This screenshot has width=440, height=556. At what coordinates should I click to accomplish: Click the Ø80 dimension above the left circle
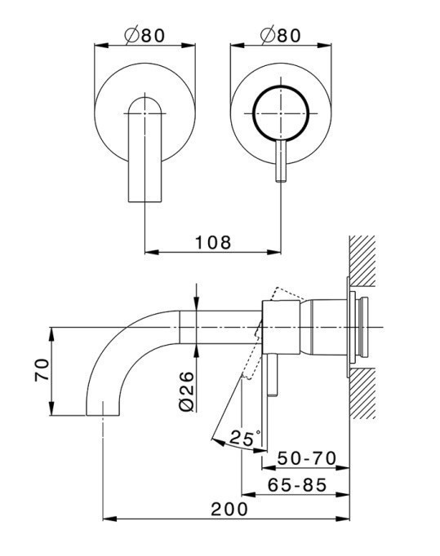(x=144, y=35)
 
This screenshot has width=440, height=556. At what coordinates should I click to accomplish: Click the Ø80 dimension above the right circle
(x=281, y=35)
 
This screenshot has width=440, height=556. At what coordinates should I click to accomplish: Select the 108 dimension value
(x=213, y=243)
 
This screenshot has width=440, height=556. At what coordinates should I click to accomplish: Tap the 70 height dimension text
(x=42, y=370)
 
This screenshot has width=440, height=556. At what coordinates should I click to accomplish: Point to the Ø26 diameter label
(x=187, y=391)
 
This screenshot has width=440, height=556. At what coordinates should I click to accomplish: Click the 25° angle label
(x=245, y=438)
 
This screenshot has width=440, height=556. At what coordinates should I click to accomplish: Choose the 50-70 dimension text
(x=306, y=458)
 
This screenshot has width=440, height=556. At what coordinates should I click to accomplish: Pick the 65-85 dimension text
(x=297, y=485)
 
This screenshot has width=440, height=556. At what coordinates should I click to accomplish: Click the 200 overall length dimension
(x=229, y=510)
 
